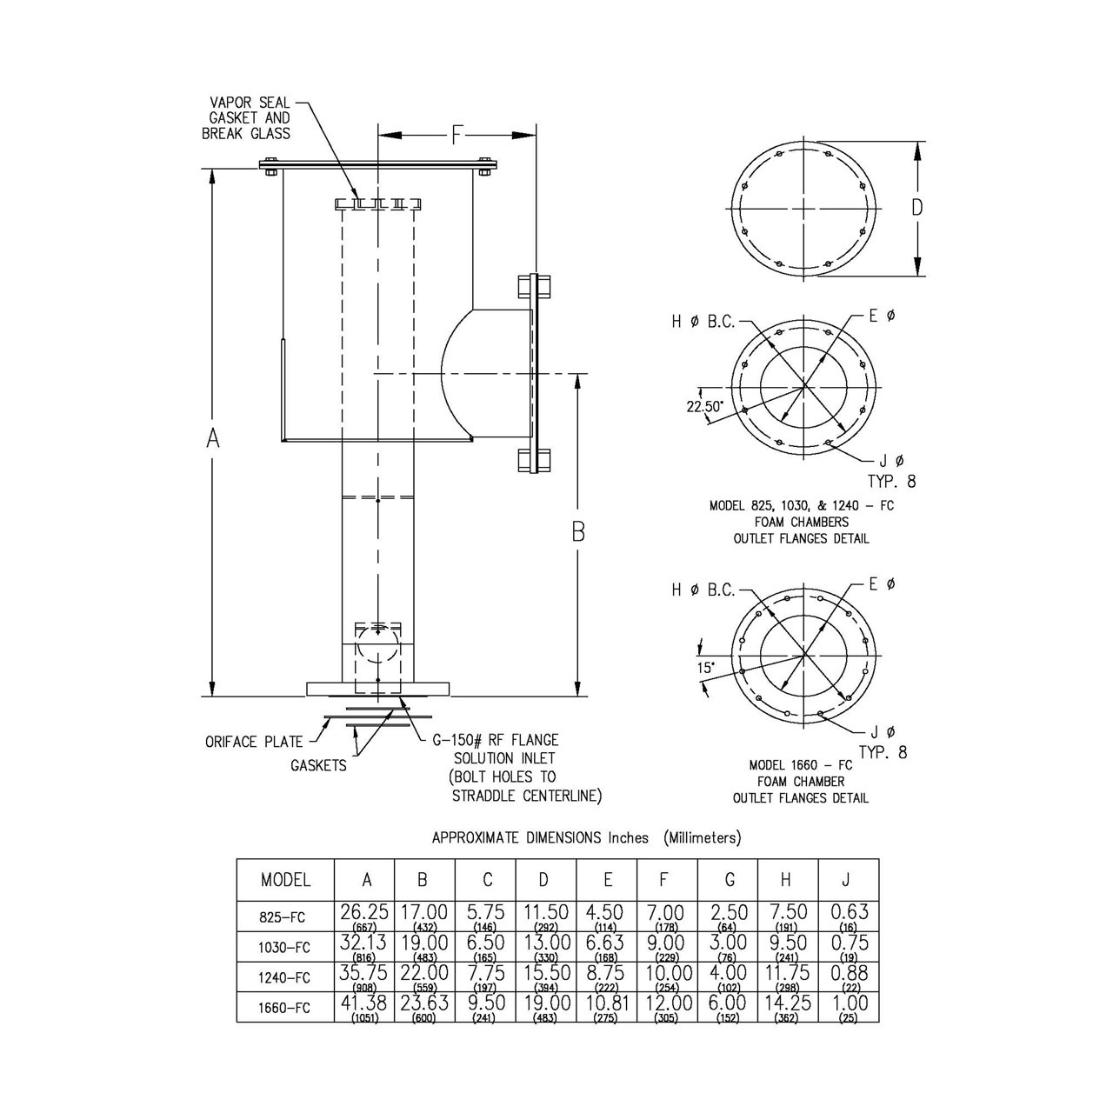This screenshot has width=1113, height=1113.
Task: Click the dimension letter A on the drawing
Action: tap(212, 440)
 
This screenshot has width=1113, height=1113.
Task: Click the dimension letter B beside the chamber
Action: tap(578, 532)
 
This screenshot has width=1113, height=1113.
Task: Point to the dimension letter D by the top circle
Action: tap(917, 208)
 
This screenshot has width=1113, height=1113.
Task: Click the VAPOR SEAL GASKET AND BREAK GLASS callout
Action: tap(247, 118)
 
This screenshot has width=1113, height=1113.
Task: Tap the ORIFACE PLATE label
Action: tap(254, 742)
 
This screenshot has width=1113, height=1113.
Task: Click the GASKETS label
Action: tap(318, 765)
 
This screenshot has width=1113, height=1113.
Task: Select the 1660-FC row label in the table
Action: tap(285, 1008)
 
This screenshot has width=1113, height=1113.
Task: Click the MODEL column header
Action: tap(285, 880)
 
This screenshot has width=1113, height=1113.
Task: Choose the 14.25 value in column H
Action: tap(786, 1003)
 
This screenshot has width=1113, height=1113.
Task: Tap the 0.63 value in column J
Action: tap(848, 912)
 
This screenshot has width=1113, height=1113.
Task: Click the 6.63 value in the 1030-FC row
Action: tap(606, 943)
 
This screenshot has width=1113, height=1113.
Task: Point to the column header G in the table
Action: tap(728, 880)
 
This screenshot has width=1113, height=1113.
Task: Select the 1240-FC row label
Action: tap(285, 977)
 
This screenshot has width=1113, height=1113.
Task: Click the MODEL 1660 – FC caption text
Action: tap(800, 765)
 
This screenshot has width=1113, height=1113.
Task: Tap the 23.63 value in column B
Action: tap(424, 1003)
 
